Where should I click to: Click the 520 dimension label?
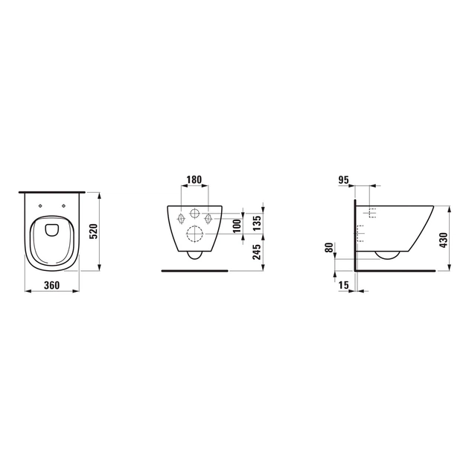(94, 232)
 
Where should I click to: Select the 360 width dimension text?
(52, 285)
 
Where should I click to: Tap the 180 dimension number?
(194, 179)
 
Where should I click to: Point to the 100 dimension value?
(237, 226)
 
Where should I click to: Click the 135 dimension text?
(257, 223)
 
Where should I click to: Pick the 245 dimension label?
(257, 252)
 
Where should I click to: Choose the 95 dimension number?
(344, 180)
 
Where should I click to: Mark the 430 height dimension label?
(444, 240)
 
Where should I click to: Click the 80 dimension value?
(329, 248)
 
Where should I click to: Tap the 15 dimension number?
(344, 285)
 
